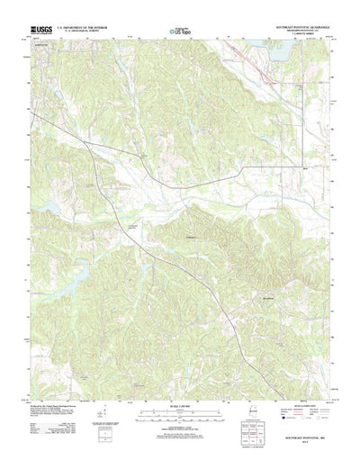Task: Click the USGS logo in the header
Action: tap(42, 31)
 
